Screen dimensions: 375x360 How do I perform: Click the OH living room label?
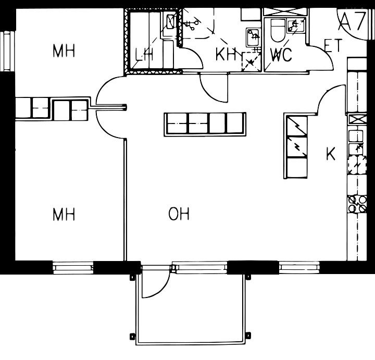pos(179,214)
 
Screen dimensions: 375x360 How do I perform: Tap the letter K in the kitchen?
pos(331,154)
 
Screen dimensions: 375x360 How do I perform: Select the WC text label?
pos(281,55)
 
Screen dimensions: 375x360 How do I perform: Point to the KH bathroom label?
pos(226,54)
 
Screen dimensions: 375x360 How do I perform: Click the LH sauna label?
pos(144,54)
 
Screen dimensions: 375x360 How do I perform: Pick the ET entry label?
pos(333,45)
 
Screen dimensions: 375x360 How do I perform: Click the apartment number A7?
pos(352,22)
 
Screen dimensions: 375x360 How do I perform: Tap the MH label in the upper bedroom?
pos(64,51)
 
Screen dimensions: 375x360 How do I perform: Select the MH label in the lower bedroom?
pos(64,214)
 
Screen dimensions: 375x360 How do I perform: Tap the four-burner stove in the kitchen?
pos(357,204)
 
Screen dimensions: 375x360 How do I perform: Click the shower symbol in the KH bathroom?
pos(251,61)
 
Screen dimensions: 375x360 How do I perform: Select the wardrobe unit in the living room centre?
pos(205,125)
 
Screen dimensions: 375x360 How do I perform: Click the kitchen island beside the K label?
pos(295,146)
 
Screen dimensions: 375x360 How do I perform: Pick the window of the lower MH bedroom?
pos(73,268)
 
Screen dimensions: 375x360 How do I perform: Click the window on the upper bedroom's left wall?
pos(7,51)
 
